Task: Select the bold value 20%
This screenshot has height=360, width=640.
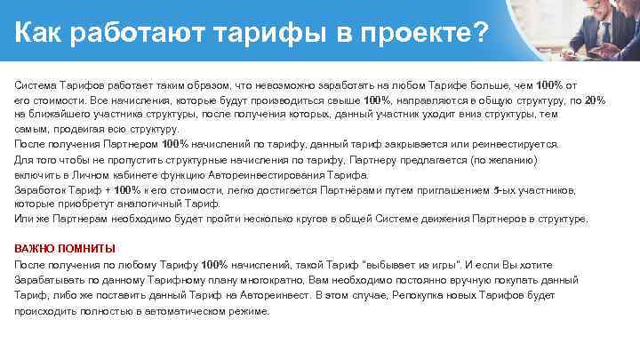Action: coord(596,100)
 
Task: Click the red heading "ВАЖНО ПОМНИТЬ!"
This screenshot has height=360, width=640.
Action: coord(65,248)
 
